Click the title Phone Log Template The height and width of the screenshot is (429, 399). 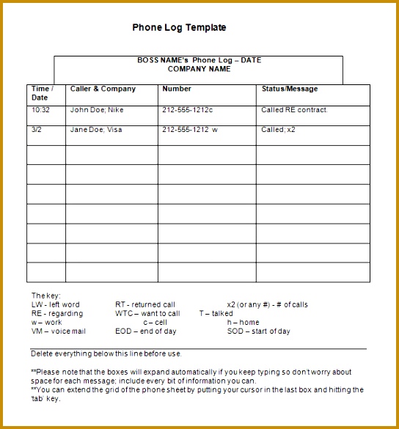(179, 28)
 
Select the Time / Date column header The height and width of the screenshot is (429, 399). (41, 93)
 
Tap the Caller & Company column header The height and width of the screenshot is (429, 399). (103, 89)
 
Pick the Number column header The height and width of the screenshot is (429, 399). (177, 89)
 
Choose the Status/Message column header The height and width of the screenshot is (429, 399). (290, 89)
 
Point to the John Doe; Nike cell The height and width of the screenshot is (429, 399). (97, 110)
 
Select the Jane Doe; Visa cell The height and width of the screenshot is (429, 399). (96, 129)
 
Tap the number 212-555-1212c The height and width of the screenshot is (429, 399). (187, 110)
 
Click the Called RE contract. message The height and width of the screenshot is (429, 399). (295, 110)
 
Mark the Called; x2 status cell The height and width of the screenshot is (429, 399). (279, 129)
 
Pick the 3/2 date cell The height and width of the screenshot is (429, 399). (36, 129)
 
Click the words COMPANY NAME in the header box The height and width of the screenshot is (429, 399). (199, 70)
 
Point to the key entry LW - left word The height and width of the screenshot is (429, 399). (56, 304)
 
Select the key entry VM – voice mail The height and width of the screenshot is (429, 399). (58, 331)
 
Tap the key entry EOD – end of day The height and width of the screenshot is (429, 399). (145, 331)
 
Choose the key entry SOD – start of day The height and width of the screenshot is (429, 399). (258, 331)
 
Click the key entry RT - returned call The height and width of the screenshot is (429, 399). (145, 304)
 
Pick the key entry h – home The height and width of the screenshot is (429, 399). (243, 322)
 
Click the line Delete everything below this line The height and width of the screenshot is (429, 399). (106, 353)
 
